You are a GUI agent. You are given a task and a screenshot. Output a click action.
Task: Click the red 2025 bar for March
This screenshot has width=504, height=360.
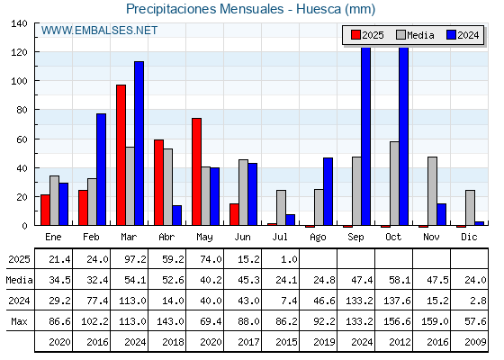tap(121, 155)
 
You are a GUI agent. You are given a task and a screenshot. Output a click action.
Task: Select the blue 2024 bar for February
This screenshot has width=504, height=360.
tap(101, 169)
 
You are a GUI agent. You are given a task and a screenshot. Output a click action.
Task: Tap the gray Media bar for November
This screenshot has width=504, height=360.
tap(432, 191)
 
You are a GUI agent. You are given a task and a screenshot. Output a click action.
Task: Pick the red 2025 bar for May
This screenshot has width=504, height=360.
tap(197, 172)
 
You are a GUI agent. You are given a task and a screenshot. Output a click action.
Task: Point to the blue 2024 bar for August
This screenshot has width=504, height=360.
tap(328, 192)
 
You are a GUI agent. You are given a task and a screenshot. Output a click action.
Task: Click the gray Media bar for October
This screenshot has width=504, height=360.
tap(394, 184)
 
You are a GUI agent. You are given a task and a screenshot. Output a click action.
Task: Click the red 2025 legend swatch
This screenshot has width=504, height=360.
tap(355, 35)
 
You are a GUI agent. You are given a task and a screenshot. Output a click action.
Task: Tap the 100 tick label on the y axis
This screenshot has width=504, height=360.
tap(19, 81)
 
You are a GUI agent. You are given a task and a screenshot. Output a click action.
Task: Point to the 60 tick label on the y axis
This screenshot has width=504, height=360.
tap(22, 139)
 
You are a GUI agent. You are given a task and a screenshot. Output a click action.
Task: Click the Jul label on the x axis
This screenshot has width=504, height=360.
tap(280, 237)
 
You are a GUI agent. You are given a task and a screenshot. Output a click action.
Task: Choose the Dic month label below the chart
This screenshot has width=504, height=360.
tap(469, 237)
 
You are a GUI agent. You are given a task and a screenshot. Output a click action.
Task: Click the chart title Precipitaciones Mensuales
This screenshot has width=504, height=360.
tap(205, 9)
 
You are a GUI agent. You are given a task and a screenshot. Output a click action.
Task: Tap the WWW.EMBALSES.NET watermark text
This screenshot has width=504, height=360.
tap(99, 31)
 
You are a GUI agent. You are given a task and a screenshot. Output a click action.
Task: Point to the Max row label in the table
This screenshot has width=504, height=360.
tap(19, 321)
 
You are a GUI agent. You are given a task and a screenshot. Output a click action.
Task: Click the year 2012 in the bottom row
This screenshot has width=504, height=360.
tap(400, 342)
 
